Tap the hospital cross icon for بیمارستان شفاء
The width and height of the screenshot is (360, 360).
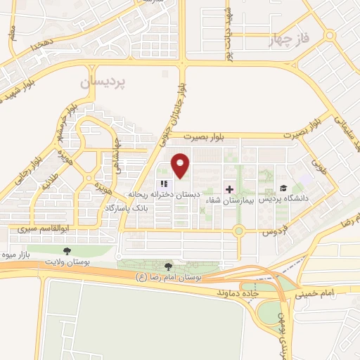click(x=230, y=189)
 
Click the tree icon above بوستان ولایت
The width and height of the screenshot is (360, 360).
click(x=67, y=250)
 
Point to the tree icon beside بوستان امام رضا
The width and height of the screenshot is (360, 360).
click(x=167, y=266)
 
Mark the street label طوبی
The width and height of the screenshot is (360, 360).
click(x=320, y=167)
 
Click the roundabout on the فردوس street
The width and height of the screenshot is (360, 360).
click(x=238, y=230)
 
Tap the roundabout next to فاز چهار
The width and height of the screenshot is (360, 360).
click(x=329, y=34)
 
